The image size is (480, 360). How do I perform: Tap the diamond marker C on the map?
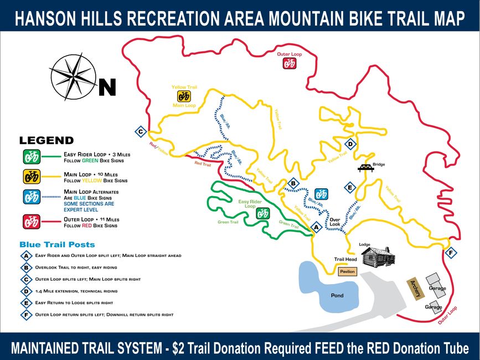[x=141, y=132]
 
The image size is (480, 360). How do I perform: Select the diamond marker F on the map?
[x=451, y=253]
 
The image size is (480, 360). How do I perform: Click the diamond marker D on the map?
[x=350, y=145]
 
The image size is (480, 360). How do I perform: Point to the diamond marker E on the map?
[x=349, y=187]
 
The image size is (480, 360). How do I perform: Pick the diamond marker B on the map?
[x=294, y=183]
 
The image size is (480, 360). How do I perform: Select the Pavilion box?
[x=347, y=271]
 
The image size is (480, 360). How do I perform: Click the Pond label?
[x=337, y=295]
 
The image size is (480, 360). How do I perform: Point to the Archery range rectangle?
[x=415, y=288]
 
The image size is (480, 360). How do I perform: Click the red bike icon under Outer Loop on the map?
[x=290, y=63]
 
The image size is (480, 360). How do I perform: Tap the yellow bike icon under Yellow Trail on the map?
[x=184, y=96]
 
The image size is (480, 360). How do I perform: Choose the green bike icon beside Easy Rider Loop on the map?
[x=262, y=213]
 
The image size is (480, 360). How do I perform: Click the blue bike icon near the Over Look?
[x=321, y=194]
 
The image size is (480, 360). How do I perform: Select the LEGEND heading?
[x=47, y=141]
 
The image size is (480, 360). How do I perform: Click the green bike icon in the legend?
[x=31, y=157]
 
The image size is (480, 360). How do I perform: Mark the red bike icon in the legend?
[x=31, y=222]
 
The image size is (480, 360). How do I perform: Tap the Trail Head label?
[x=345, y=259]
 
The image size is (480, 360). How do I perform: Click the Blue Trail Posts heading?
[x=57, y=244]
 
